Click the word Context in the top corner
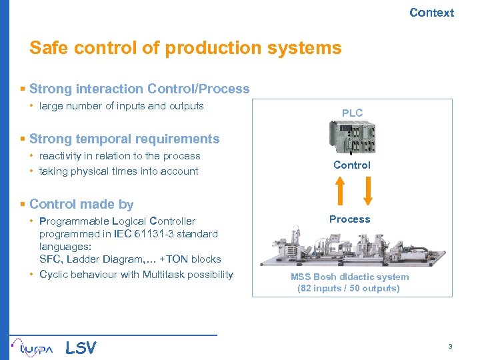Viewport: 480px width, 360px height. click(x=431, y=13)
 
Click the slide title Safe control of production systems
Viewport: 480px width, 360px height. click(x=185, y=48)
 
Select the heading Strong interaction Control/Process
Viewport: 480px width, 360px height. click(x=139, y=89)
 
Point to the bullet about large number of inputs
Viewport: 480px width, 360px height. click(x=121, y=106)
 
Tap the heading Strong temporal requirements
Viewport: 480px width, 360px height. click(x=124, y=139)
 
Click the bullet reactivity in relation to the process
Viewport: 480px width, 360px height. click(x=119, y=156)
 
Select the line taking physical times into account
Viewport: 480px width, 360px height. click(x=119, y=171)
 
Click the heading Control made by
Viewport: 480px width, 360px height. click(x=81, y=204)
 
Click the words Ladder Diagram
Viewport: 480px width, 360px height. click(x=94, y=259)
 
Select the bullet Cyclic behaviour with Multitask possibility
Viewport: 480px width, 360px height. click(x=136, y=275)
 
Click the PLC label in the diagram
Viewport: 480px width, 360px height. click(x=352, y=113)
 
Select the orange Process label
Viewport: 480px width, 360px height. click(x=349, y=219)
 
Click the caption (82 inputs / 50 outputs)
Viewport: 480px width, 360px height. click(x=348, y=289)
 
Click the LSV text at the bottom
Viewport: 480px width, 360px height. click(x=81, y=347)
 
